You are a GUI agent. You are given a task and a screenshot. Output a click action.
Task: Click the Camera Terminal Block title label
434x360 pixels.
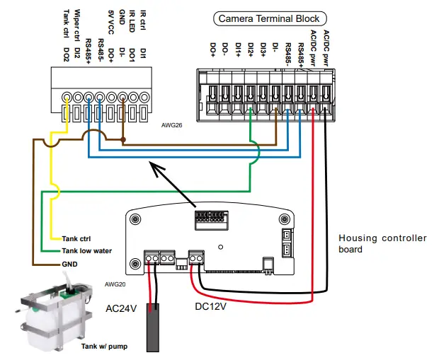[268, 18]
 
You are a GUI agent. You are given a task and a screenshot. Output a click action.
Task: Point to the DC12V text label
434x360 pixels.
[215, 306]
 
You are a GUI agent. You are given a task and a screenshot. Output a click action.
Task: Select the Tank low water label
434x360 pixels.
[86, 250]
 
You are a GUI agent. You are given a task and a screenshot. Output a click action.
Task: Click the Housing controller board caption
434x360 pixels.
[382, 243]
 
